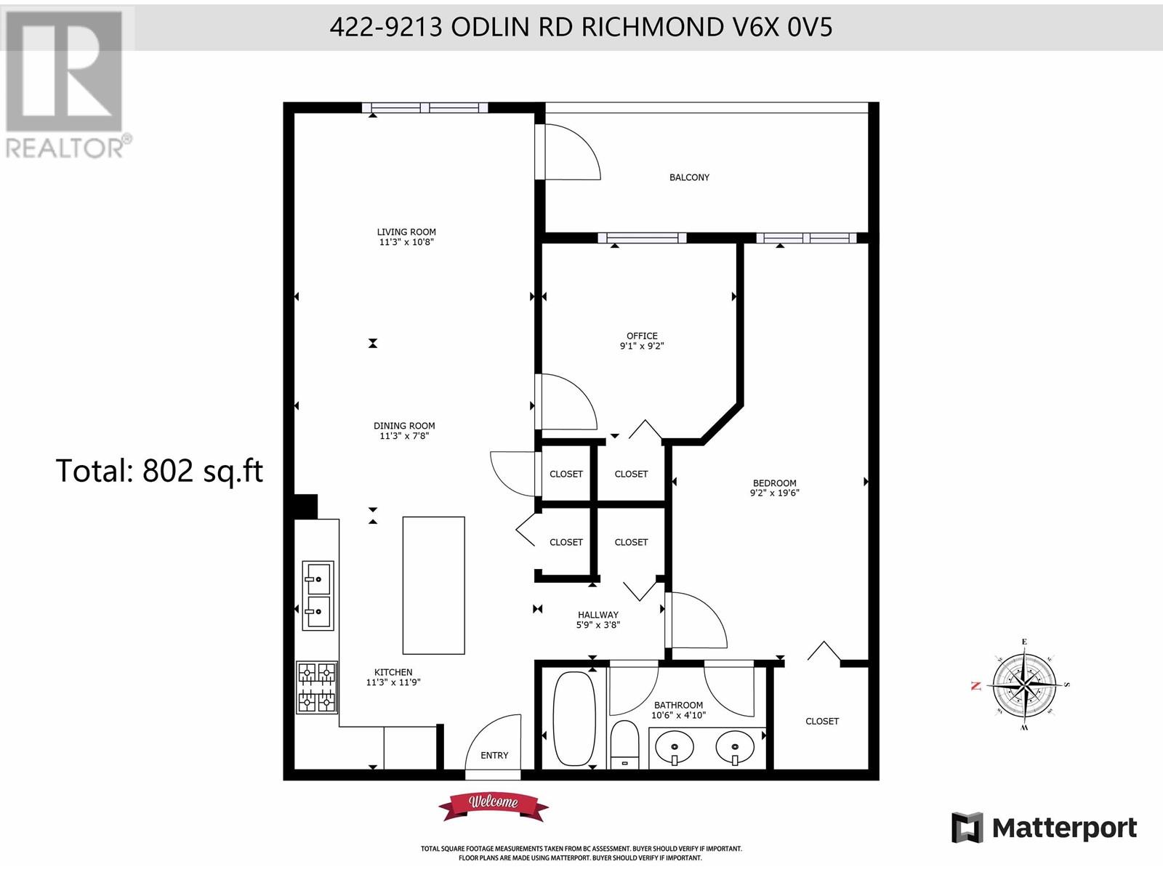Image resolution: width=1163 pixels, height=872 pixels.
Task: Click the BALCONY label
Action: pyautogui.click(x=689, y=177)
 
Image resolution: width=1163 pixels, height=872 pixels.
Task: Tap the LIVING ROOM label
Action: pyautogui.click(x=406, y=232)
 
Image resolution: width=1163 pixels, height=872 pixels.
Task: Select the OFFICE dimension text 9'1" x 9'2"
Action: pyautogui.click(x=642, y=347)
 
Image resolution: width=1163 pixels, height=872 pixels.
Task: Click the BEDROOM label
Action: pyautogui.click(x=774, y=483)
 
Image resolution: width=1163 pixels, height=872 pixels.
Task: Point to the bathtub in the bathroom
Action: pyautogui.click(x=574, y=718)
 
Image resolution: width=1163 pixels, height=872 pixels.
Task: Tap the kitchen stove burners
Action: pyautogui.click(x=317, y=687)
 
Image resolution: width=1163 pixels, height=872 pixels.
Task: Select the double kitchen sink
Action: pyautogui.click(x=318, y=595)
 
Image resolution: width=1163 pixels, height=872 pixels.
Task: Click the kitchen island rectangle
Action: pyautogui.click(x=434, y=585)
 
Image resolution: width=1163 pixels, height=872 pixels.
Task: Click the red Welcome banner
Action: pyautogui.click(x=494, y=803)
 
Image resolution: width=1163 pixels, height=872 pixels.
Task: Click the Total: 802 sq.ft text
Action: pyautogui.click(x=159, y=471)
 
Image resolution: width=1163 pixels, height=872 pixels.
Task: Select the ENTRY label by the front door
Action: pyautogui.click(x=494, y=756)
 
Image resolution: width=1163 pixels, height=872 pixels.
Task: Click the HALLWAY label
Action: pyautogui.click(x=598, y=615)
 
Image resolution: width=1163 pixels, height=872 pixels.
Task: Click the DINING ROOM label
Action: pyautogui.click(x=404, y=426)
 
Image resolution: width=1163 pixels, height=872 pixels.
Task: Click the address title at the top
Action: pyautogui.click(x=581, y=27)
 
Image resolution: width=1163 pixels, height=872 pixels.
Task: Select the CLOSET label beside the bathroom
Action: pyautogui.click(x=822, y=722)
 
